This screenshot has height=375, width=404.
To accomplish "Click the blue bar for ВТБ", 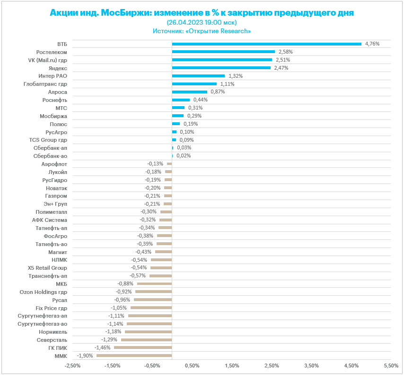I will click(266, 44).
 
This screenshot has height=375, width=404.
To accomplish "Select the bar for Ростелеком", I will click(223, 52).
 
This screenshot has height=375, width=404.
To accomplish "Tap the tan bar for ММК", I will click(134, 356).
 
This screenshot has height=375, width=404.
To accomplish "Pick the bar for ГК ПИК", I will click(143, 348).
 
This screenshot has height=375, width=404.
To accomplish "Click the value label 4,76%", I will click(372, 44).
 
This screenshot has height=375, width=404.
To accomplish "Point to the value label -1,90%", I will click(85, 356).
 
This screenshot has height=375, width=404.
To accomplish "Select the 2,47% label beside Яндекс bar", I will click(281, 68).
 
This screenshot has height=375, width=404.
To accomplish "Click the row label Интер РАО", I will click(53, 76).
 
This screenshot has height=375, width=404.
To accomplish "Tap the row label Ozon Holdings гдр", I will click(43, 292).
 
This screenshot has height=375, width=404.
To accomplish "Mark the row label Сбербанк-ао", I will click(50, 155).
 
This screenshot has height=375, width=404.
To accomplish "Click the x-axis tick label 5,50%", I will click(391, 366).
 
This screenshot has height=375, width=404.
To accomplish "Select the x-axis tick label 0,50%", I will click(192, 366).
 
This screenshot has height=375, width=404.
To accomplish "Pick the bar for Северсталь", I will click(146, 339).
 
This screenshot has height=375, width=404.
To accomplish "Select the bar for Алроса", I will click(189, 92).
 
